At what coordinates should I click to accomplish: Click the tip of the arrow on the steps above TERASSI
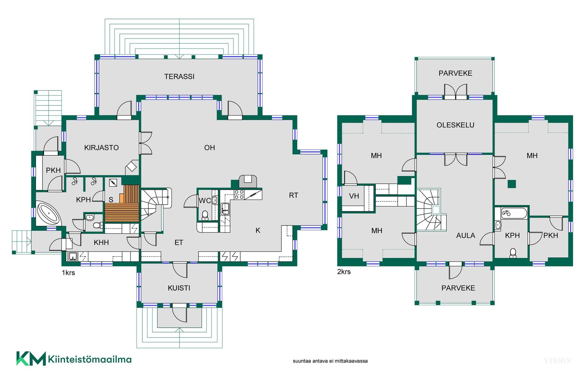(179, 58)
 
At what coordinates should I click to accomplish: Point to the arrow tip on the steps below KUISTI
(179, 328)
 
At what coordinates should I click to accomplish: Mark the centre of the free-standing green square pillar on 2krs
(512, 184)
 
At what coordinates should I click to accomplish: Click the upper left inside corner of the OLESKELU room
(417, 100)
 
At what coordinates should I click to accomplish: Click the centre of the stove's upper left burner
(236, 192)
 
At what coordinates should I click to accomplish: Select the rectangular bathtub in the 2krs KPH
(514, 213)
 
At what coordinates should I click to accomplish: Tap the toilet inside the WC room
(205, 215)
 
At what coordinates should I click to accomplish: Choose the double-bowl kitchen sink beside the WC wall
(225, 209)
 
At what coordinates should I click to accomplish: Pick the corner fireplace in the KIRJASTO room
(132, 167)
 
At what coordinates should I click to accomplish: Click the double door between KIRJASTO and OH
(146, 143)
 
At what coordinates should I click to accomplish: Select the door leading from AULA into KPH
(487, 239)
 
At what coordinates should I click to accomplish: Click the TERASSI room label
(179, 76)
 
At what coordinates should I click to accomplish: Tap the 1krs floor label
(68, 273)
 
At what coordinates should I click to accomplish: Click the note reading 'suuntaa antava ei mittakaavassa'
(330, 361)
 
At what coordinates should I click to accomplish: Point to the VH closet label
(354, 196)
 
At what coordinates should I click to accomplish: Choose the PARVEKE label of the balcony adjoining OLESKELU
(455, 73)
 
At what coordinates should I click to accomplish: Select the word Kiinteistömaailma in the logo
(90, 360)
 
